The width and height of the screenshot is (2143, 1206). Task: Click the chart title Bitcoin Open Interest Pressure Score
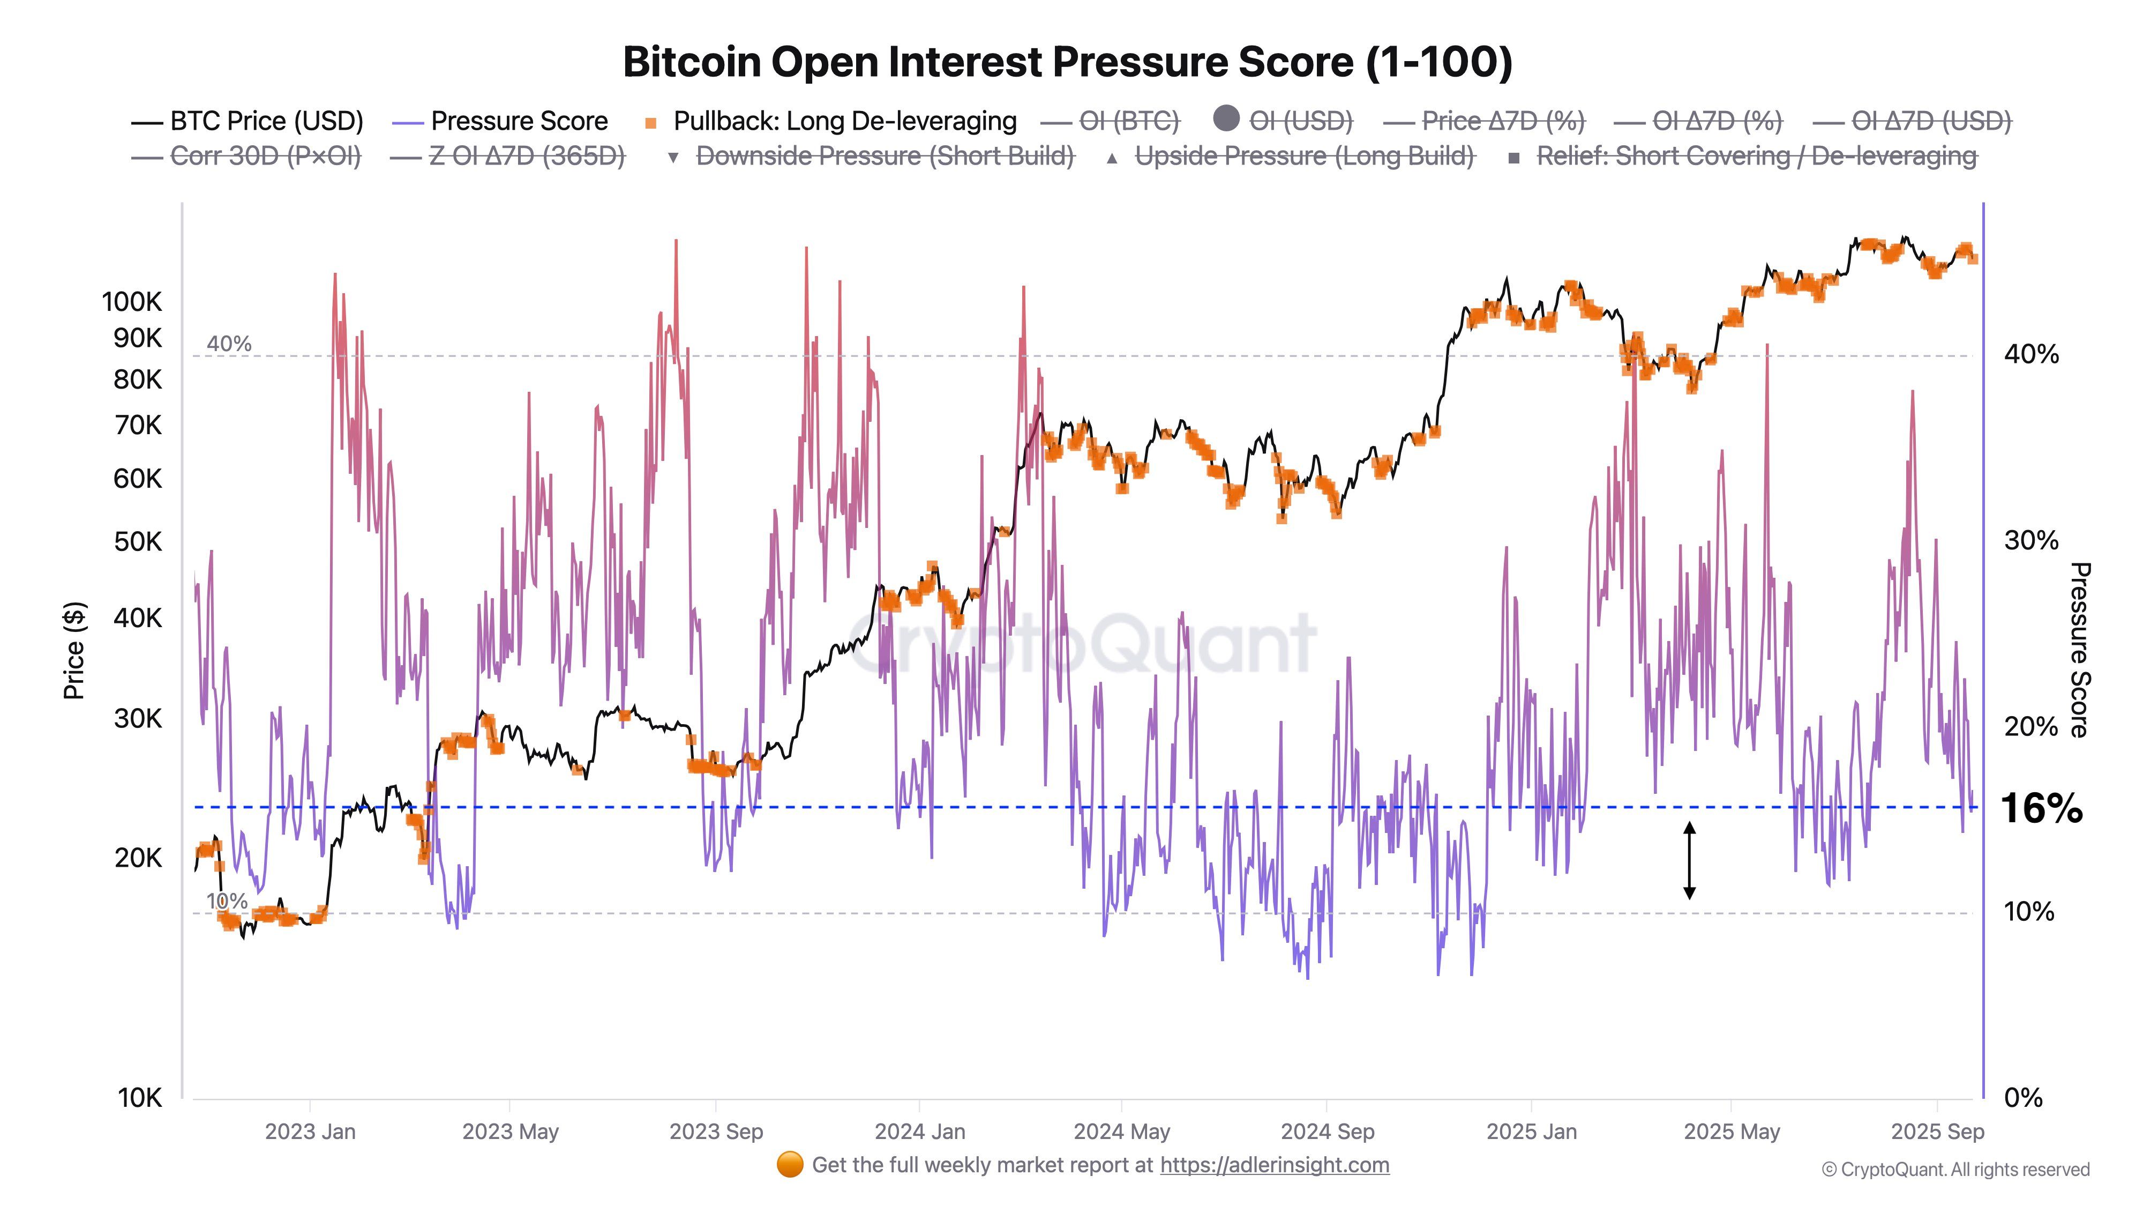pyautogui.click(x=1067, y=62)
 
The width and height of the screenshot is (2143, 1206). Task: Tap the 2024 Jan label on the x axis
pyautogui.click(x=919, y=1132)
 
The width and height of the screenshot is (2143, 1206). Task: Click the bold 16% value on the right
pyautogui.click(x=2042, y=808)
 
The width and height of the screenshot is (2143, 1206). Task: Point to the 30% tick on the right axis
pyautogui.click(x=2030, y=541)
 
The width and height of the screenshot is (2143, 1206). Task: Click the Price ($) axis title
pyautogui.click(x=74, y=650)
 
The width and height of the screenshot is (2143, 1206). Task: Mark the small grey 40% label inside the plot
pyautogui.click(x=229, y=344)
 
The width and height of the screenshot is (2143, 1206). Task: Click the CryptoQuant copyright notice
pyautogui.click(x=1955, y=1170)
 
